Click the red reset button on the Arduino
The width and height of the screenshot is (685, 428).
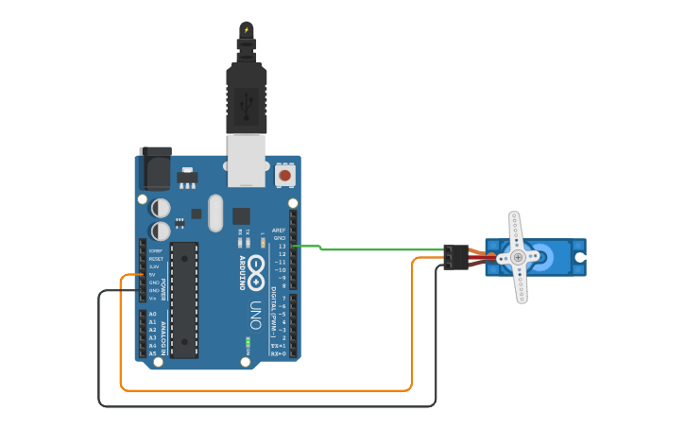(284, 175)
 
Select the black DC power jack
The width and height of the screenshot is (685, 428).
(155, 169)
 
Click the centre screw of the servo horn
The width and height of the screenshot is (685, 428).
(518, 257)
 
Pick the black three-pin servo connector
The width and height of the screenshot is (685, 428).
(455, 257)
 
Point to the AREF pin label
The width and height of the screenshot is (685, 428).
(279, 231)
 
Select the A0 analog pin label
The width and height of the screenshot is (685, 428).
(153, 314)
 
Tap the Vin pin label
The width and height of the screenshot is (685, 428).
(154, 299)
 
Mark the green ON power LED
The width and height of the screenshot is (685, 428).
(248, 340)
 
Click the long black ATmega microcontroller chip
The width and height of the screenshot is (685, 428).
(184, 300)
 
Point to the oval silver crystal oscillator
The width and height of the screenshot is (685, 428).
(215, 213)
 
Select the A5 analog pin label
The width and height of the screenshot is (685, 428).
(153, 354)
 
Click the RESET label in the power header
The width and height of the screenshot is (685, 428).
(156, 259)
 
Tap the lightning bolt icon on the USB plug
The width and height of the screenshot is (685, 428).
(247, 29)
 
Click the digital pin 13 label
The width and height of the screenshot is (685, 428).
(281, 247)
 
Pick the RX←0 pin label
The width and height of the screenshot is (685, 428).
(279, 354)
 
